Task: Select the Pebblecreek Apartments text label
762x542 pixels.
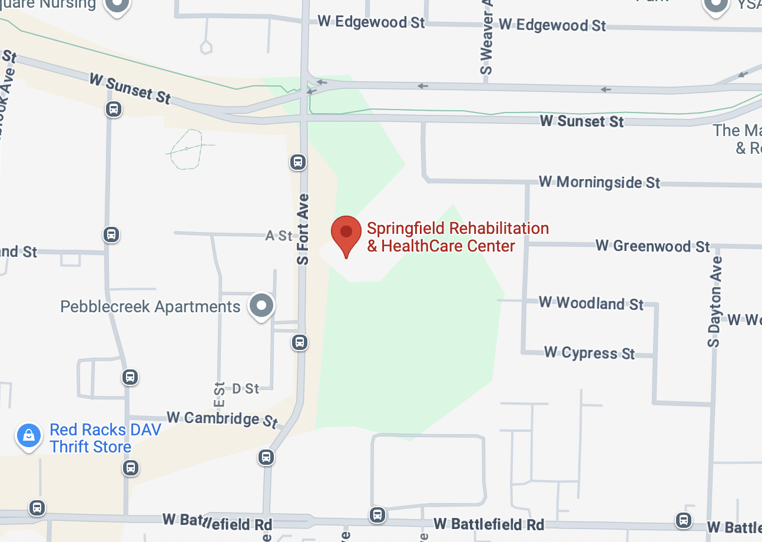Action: (x=150, y=307)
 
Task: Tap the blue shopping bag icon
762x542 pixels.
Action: (x=28, y=437)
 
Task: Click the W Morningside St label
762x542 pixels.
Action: (x=599, y=182)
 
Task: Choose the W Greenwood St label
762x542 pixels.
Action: (x=652, y=246)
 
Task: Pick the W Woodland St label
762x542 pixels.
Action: (x=591, y=303)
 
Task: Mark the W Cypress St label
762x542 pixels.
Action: (x=589, y=353)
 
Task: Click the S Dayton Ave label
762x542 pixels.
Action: (x=714, y=300)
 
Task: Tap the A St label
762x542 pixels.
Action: (x=279, y=236)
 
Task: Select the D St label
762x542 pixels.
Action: (x=246, y=388)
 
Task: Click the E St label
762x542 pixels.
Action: (x=219, y=395)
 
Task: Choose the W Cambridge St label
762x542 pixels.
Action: (x=221, y=419)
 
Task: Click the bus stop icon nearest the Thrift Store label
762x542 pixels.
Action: (x=131, y=468)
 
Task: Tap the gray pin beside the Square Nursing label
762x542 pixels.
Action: (x=117, y=5)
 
